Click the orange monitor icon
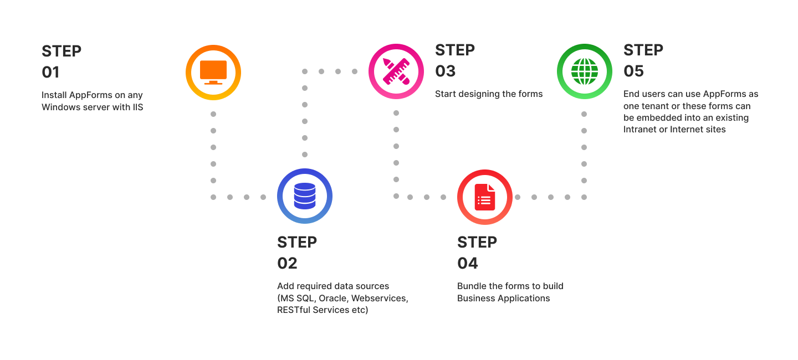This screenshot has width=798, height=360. tap(213, 72)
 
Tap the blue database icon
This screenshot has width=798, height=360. tap(304, 196)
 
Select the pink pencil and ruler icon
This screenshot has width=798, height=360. tap(396, 71)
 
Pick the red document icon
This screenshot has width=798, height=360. tap(484, 197)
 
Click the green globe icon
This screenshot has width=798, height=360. tap(585, 71)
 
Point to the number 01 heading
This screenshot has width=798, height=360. tap(50, 72)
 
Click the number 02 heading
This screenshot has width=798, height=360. tap(287, 263)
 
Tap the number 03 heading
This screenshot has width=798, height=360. tap(445, 71)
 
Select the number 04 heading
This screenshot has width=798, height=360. tap(467, 263)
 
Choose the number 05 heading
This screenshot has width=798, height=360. tap(633, 71)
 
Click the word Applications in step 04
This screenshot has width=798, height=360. tap(524, 298)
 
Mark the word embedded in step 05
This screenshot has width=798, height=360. tap(657, 117)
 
